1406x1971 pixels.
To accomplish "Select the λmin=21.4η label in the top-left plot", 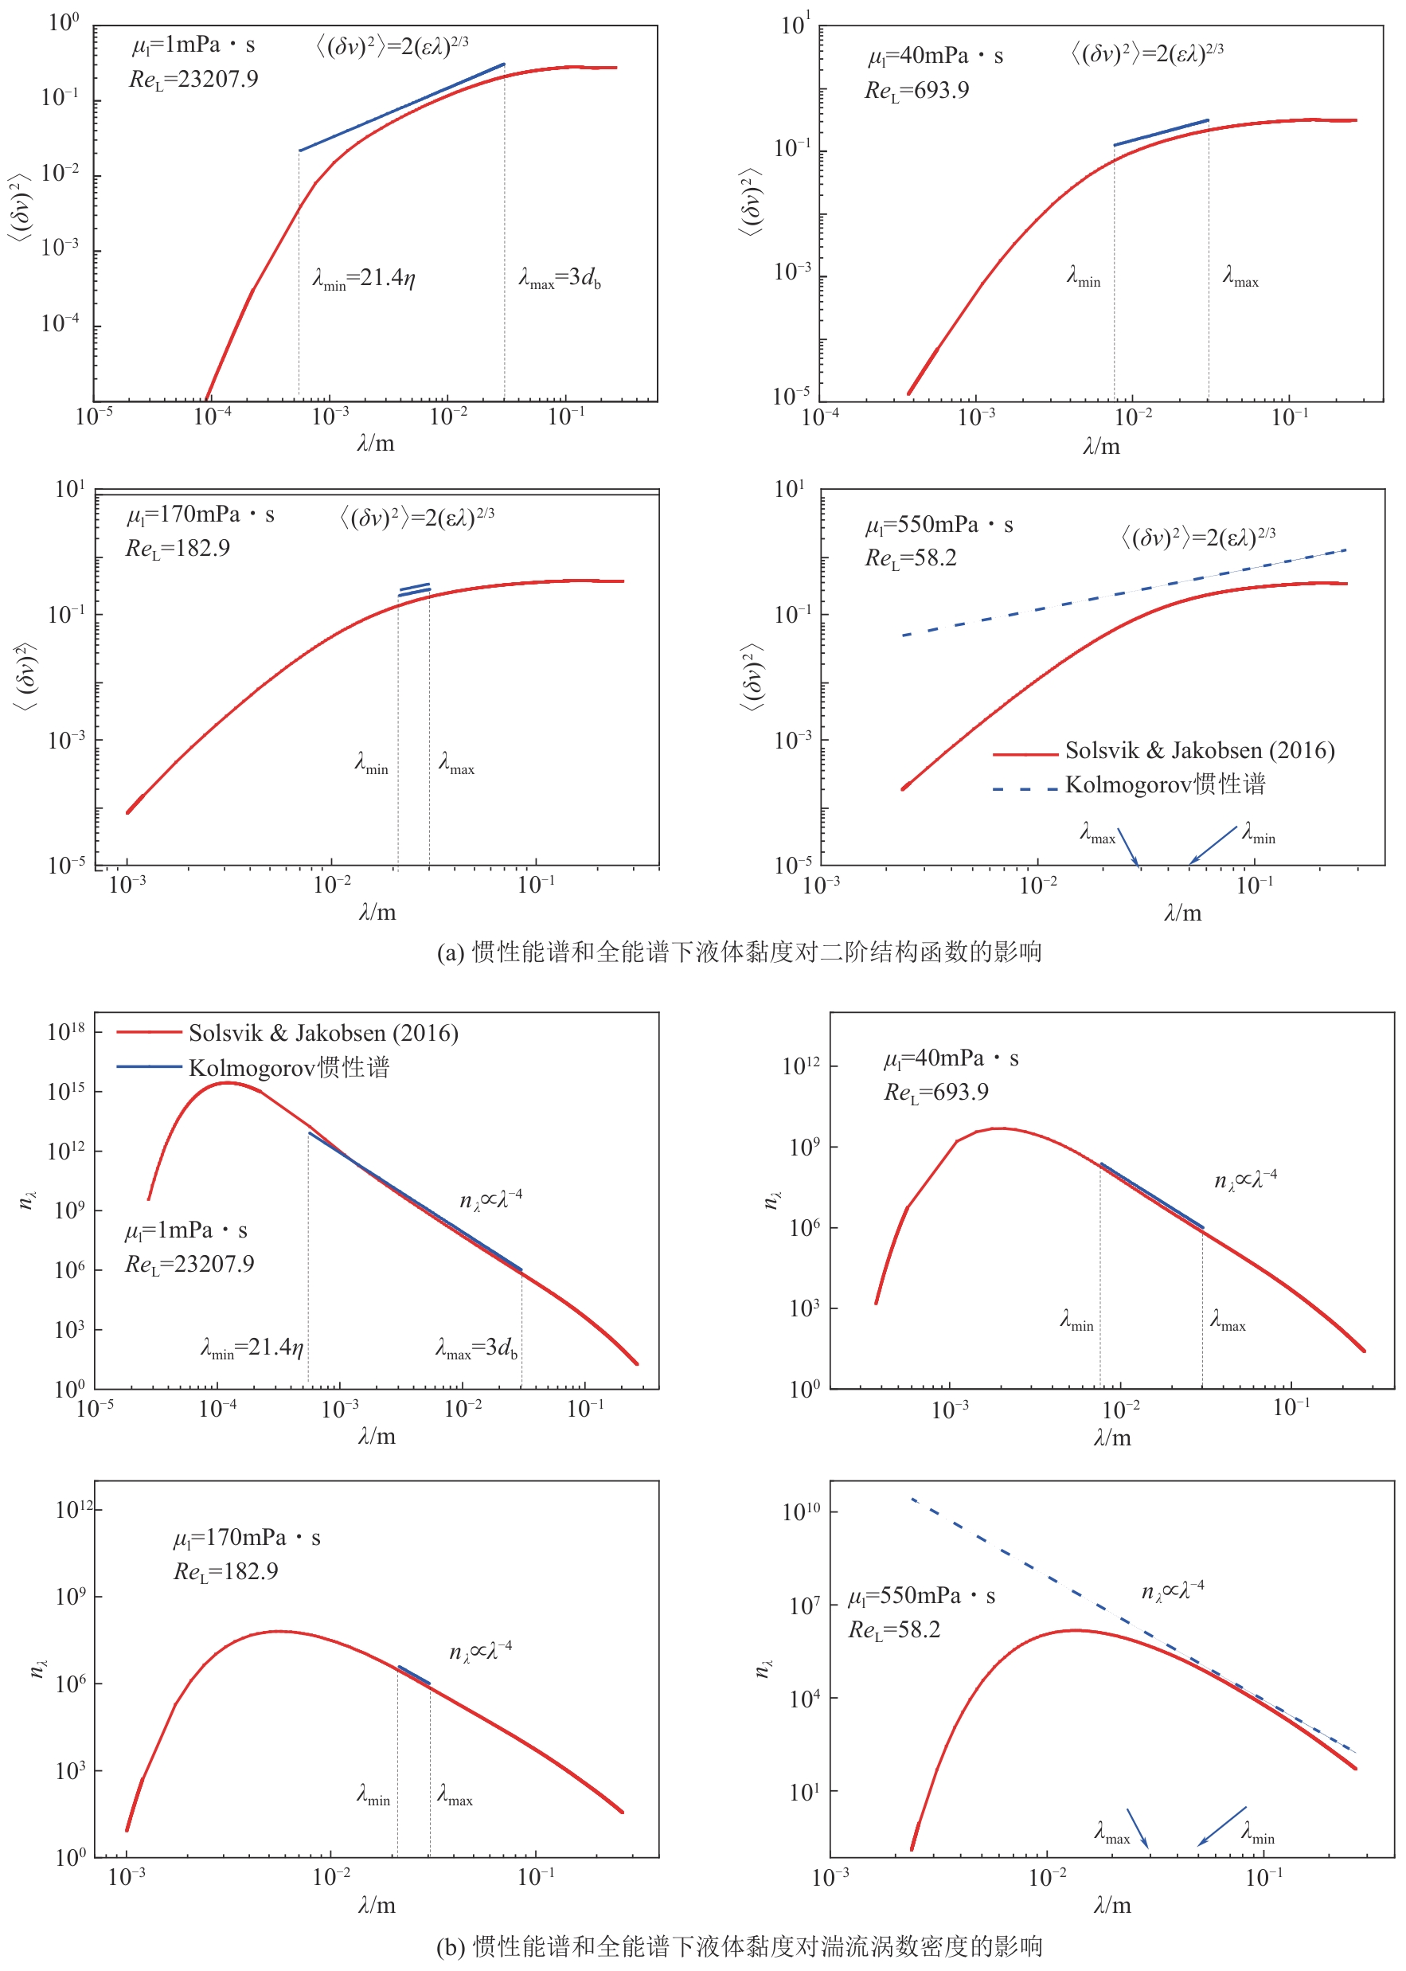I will pyautogui.click(x=364, y=278).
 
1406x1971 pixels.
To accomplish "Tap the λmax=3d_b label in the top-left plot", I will pyautogui.click(x=559, y=278).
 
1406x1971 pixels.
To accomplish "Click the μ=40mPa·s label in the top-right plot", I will pyautogui.click(x=935, y=57).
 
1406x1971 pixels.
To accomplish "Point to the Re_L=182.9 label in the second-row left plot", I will pyautogui.click(x=178, y=548).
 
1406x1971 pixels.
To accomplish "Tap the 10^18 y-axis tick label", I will pyautogui.click(x=66, y=1031).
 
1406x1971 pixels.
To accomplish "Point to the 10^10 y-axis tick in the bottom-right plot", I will pyautogui.click(x=800, y=1512).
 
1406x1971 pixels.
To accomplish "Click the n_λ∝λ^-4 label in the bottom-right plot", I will pyautogui.click(x=1172, y=1591).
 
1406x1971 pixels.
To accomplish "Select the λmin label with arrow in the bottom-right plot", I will pyautogui.click(x=1258, y=1831).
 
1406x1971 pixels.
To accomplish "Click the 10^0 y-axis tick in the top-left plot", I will pyautogui.click(x=63, y=22).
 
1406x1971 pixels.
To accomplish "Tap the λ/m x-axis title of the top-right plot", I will pyautogui.click(x=1100, y=446).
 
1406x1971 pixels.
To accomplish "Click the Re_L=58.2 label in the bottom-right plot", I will pyautogui.click(x=893, y=1630).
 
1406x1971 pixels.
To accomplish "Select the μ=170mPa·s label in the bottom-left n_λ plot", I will pyautogui.click(x=247, y=1537).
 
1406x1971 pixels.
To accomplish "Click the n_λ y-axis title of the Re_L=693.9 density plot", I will pyautogui.click(x=771, y=1199).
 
